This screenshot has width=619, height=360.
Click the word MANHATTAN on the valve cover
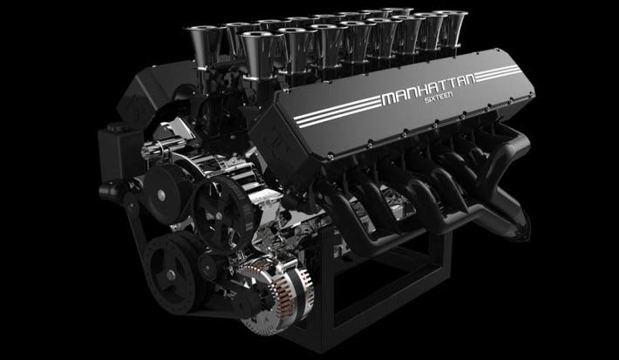[x=428, y=88]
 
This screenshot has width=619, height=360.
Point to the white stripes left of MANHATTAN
[x=338, y=112]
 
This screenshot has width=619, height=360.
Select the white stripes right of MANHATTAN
[x=498, y=73]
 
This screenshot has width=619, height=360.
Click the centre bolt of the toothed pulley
[x=218, y=216]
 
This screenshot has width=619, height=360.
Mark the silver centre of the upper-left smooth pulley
[x=160, y=195]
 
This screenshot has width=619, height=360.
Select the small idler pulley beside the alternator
[x=207, y=268]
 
